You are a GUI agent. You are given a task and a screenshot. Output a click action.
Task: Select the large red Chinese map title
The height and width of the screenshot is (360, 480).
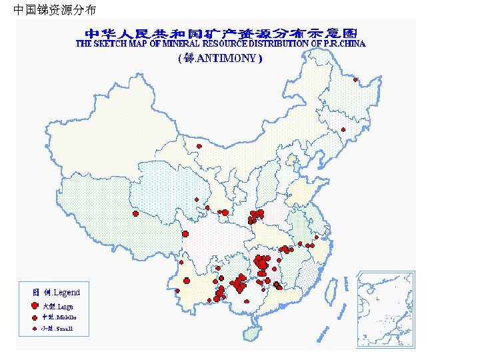tap(221, 33)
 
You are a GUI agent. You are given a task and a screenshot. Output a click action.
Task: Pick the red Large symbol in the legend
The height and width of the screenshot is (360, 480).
tap(35, 305)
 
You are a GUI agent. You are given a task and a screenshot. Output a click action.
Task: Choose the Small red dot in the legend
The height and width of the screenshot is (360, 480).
tap(35, 329)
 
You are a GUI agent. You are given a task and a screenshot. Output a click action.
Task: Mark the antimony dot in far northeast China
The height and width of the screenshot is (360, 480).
tap(355, 80)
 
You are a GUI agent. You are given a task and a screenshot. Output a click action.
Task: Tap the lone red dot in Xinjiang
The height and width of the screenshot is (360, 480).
tap(199, 146)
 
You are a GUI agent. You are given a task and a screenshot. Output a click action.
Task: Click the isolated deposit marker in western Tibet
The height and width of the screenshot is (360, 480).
tap(135, 214)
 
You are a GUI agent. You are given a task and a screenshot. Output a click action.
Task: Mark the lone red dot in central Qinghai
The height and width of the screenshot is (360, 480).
tap(197, 200)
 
